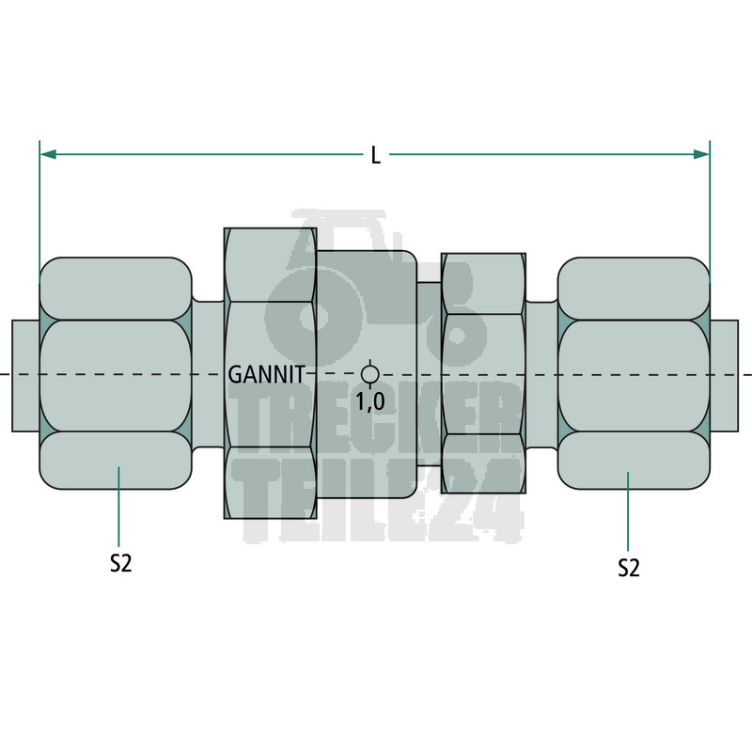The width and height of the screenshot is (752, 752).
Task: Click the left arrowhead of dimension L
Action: (47, 153)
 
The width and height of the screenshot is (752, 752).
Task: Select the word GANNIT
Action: (267, 375)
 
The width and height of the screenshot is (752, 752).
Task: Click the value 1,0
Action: (369, 401)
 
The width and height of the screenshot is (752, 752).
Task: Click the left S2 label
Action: (119, 564)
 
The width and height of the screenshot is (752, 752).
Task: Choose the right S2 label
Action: (629, 568)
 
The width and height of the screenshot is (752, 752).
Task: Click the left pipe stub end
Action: (25, 376)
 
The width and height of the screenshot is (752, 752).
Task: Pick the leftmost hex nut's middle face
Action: (116, 376)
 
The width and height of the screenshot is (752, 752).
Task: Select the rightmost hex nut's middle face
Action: (634, 376)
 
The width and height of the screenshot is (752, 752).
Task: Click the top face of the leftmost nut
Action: (116, 288)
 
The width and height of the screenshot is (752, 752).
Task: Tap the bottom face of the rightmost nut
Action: (634, 461)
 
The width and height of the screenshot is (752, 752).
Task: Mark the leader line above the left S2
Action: (119, 508)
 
